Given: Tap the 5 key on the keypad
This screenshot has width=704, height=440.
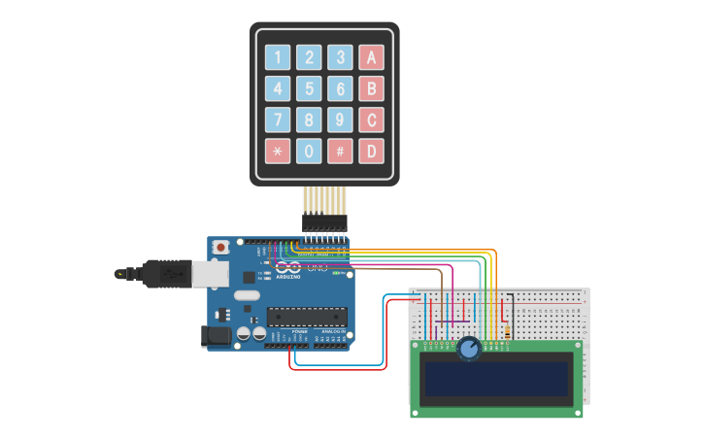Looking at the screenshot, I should click(x=309, y=88).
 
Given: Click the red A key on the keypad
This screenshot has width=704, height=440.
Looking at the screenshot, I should click(x=371, y=57).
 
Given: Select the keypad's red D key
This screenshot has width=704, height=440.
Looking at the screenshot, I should click(x=371, y=151).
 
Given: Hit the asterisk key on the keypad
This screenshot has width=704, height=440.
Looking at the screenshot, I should click(x=278, y=151).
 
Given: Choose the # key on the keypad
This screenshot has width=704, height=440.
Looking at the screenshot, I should click(x=340, y=151).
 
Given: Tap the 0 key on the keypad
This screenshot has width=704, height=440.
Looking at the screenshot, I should click(x=309, y=151).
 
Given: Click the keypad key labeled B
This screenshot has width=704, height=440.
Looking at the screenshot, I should click(x=371, y=88).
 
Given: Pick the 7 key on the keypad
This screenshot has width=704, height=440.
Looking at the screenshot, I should click(x=278, y=119).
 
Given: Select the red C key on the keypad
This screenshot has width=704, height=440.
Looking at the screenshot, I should click(x=371, y=119).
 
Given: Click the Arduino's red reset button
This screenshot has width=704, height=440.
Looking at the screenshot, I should click(x=221, y=248).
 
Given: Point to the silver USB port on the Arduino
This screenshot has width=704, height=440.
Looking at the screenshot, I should click(x=209, y=275).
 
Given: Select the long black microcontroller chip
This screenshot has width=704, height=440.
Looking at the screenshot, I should click(x=307, y=316).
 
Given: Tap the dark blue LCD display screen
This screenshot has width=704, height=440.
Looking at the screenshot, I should click(x=495, y=378).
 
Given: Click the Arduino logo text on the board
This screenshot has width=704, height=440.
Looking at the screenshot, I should click(x=288, y=276).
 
